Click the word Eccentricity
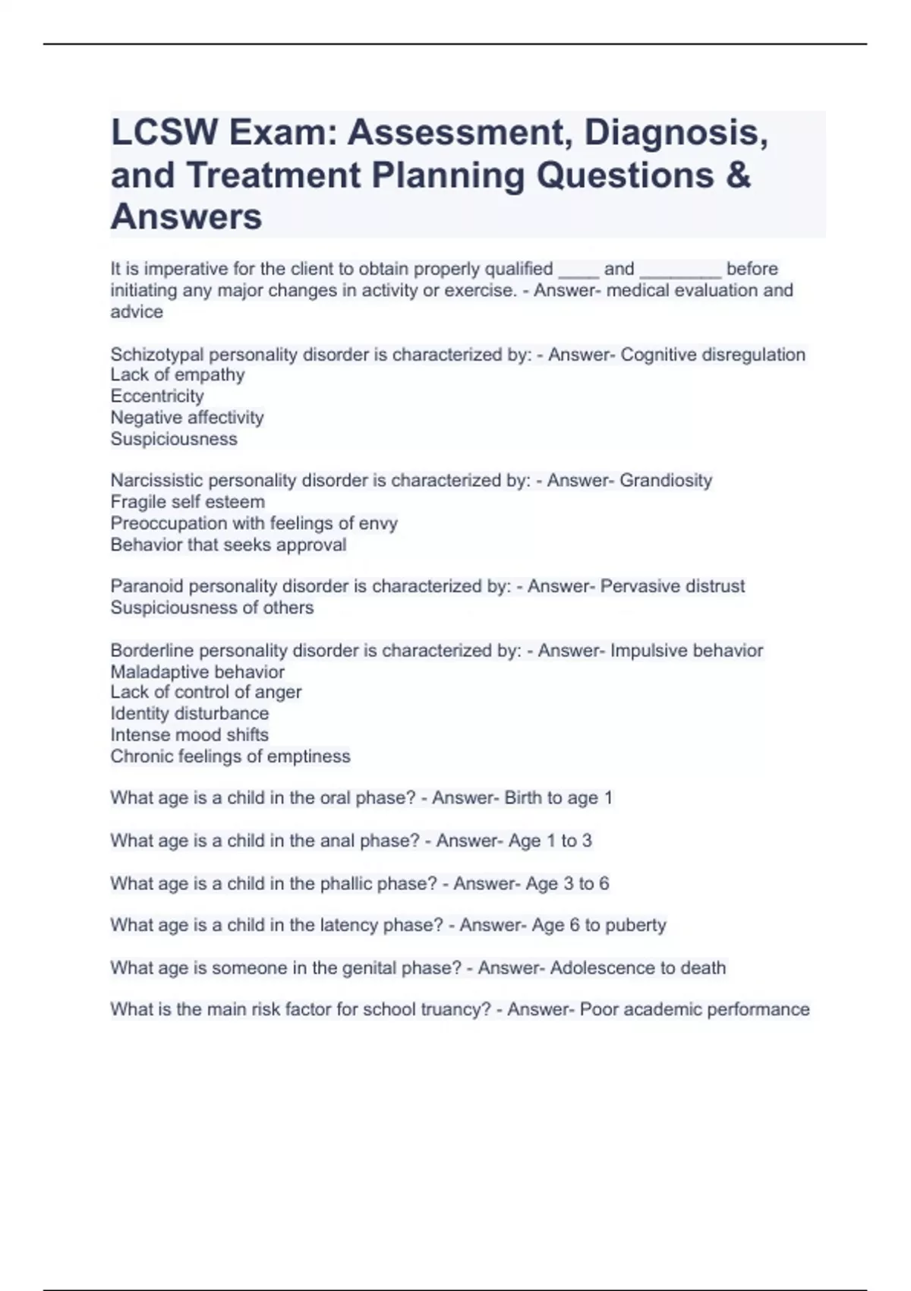pyautogui.click(x=157, y=396)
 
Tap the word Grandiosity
pyautogui.click(x=666, y=481)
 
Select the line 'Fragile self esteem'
pyautogui.click(x=188, y=502)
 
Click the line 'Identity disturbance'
pyautogui.click(x=189, y=714)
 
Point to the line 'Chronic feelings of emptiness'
pyautogui.click(x=230, y=756)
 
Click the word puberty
pyautogui.click(x=635, y=926)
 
